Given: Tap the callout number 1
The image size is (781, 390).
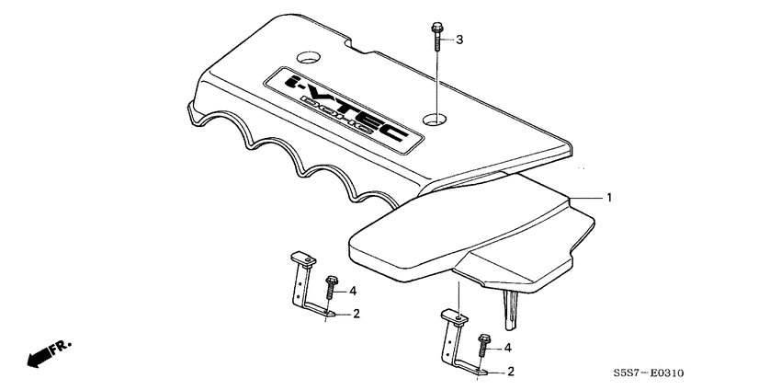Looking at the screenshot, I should (x=607, y=198).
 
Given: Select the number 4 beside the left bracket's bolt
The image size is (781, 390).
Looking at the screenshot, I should (x=353, y=291).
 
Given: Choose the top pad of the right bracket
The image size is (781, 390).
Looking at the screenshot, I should (x=455, y=318).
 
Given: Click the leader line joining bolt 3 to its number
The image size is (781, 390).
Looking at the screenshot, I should (x=447, y=40).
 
